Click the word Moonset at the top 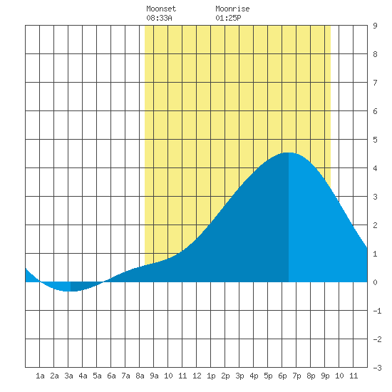click(161, 9)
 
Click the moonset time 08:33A click(159, 18)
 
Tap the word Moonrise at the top click(232, 9)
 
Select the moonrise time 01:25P click(228, 18)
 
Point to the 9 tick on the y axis click(375, 26)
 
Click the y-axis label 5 click(375, 140)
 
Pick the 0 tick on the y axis click(375, 282)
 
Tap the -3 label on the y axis click(377, 368)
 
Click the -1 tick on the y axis click(377, 311)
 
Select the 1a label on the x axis click(40, 376)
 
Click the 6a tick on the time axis click(111, 376)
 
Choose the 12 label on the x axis click(197, 376)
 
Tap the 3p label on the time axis click(239, 376)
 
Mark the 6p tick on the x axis click(282, 376)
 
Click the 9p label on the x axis click(325, 376)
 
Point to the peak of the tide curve click(289, 153)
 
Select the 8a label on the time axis click(140, 376)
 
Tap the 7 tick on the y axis click(375, 83)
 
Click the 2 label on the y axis click(375, 225)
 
